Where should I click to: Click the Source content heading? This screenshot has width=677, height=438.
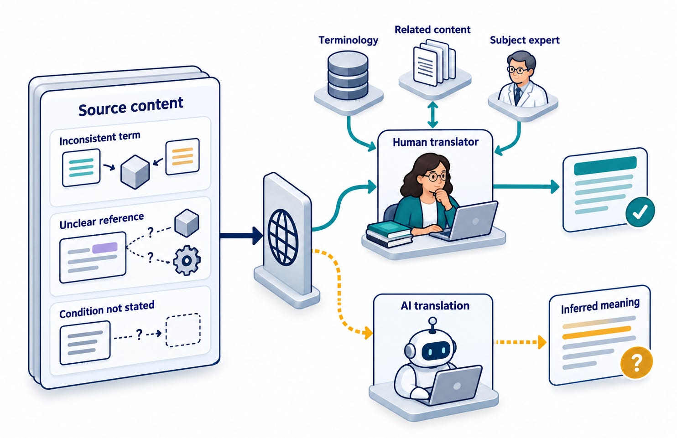(130, 107)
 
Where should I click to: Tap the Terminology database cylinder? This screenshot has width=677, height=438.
(348, 75)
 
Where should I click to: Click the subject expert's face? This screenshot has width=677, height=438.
(519, 71)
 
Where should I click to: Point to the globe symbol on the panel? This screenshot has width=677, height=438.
(282, 237)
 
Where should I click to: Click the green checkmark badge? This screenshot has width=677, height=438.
(640, 212)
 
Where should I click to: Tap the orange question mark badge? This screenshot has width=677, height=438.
(636, 362)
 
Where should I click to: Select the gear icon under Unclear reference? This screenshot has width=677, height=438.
(187, 260)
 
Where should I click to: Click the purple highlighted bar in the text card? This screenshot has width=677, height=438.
(104, 247)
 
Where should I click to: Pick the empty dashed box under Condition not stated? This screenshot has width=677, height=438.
(183, 330)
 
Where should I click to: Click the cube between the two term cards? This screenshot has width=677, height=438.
(135, 172)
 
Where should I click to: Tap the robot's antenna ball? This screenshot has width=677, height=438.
(433, 320)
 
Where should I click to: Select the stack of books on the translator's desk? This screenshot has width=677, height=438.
(389, 234)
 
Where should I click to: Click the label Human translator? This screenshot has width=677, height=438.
(436, 142)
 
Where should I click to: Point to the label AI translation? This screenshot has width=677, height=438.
(435, 306)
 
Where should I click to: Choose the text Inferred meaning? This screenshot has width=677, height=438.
(600, 306)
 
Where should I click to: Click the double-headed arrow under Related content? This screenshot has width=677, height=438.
(432, 114)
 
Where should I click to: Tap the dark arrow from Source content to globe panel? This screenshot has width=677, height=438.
(241, 236)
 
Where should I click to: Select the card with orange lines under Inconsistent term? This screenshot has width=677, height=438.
(182, 156)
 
